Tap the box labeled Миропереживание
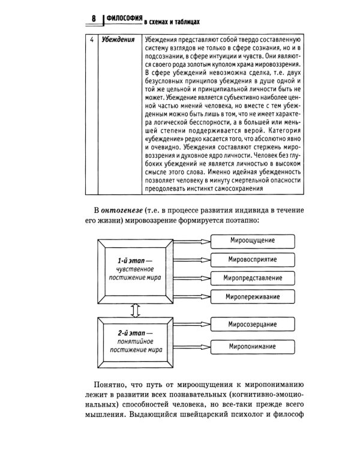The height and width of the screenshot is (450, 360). tap(253, 296)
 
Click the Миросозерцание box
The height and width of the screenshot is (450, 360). tap(253, 325)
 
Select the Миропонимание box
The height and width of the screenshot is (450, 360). tap(253, 346)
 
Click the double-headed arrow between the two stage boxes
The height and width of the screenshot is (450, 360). tap(134, 308)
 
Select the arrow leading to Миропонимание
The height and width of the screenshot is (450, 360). tap(191, 346)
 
